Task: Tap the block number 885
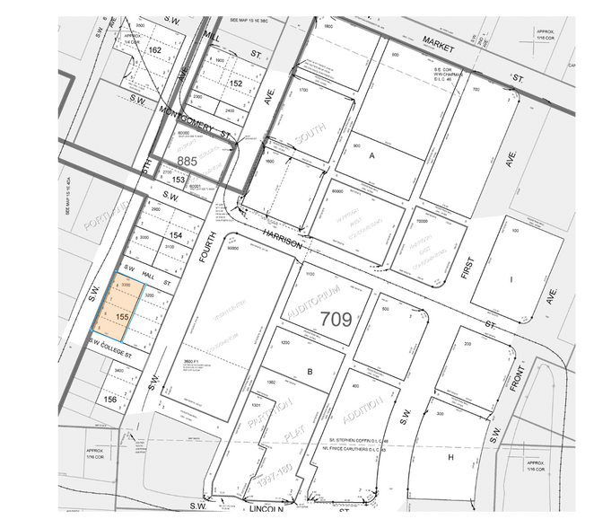tap(186, 161)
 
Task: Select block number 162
tap(154, 50)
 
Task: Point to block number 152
tap(236, 83)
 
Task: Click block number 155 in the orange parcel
tap(124, 317)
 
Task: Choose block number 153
tap(178, 180)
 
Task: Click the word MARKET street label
tap(441, 41)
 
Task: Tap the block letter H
tap(450, 457)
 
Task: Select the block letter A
tap(371, 154)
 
